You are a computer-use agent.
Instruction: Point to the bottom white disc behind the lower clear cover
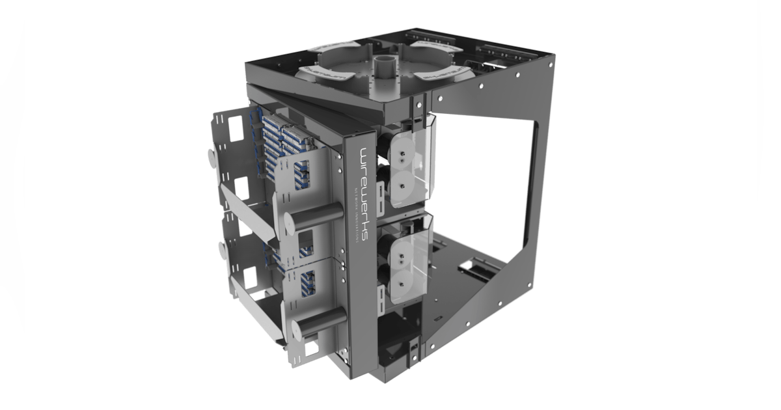coord(404,277)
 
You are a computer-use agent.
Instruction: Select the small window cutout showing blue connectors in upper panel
coord(302,173)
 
